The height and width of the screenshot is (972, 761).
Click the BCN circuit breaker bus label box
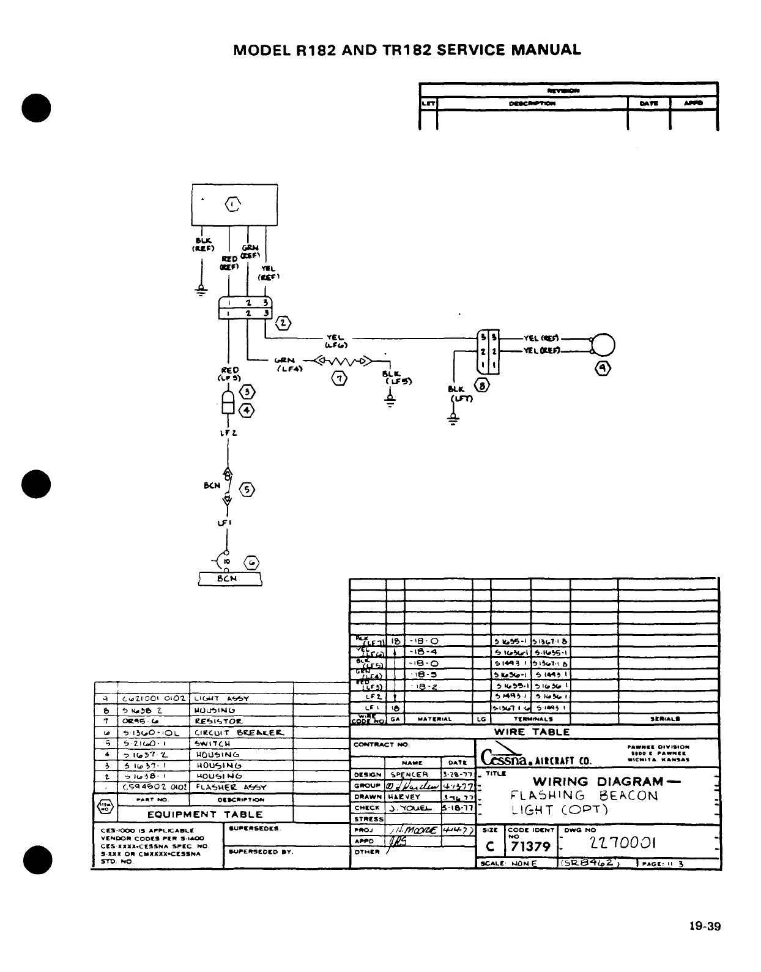(230, 579)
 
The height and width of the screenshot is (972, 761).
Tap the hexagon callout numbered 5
(247, 490)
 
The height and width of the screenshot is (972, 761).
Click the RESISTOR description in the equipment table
(218, 721)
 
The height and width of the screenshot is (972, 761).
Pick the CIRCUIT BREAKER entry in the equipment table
(239, 733)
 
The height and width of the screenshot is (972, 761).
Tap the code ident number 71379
(529, 847)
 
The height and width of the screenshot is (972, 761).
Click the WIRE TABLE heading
(532, 732)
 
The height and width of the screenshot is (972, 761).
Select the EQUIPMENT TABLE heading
(205, 815)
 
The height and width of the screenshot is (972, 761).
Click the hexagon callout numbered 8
(481, 386)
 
